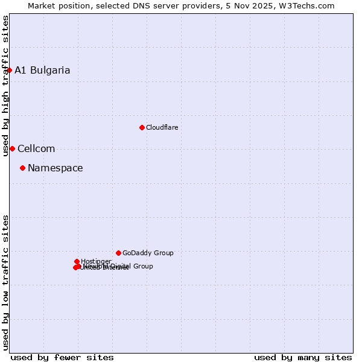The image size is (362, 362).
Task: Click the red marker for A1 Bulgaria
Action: pyautogui.click(x=9, y=70)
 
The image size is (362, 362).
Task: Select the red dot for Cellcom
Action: pyautogui.click(x=12, y=148)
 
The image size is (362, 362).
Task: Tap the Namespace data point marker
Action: pyautogui.click(x=22, y=168)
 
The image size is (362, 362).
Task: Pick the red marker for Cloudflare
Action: pyautogui.click(x=142, y=127)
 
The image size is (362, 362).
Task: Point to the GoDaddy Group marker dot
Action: pyautogui.click(x=118, y=253)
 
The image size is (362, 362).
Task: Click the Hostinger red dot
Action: pyautogui.click(x=77, y=261)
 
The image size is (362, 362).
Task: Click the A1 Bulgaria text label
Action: pyautogui.click(x=42, y=70)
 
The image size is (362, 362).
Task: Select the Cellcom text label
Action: pyautogui.click(x=36, y=148)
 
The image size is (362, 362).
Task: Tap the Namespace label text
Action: pyautogui.click(x=56, y=168)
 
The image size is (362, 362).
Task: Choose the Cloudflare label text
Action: pyautogui.click(x=162, y=127)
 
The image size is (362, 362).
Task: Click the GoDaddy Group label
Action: pyautogui.click(x=148, y=253)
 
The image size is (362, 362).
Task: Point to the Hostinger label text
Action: pyautogui.click(x=96, y=261)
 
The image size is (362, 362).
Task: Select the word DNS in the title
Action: pyautogui.click(x=144, y=5)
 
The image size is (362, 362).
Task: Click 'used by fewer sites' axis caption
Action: pyautogui.click(x=62, y=357)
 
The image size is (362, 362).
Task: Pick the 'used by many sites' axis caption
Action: pyautogui.click(x=303, y=357)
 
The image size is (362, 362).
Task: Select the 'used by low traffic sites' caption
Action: pyautogui.click(x=5, y=282)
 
